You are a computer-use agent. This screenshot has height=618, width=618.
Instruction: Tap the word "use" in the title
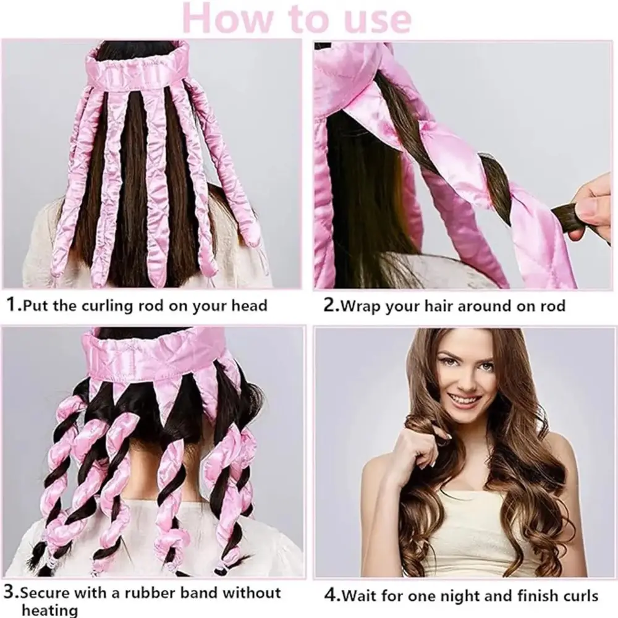click(x=378, y=20)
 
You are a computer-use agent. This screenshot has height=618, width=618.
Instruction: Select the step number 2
click(x=329, y=305)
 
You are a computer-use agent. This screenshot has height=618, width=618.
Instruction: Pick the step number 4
click(x=331, y=595)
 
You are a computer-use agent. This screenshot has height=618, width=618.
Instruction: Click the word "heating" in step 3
click(x=49, y=610)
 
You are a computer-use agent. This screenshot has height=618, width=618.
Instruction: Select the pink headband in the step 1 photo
click(x=140, y=72)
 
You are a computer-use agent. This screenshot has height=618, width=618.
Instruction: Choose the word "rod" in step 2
click(x=551, y=306)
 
